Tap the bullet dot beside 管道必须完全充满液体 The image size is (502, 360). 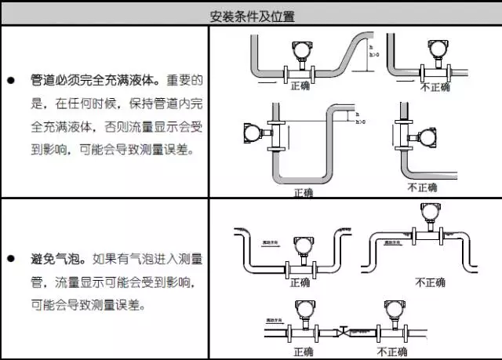click(10, 80)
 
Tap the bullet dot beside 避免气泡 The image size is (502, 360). click(10, 257)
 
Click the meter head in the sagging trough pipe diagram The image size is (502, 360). click(300, 246)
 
